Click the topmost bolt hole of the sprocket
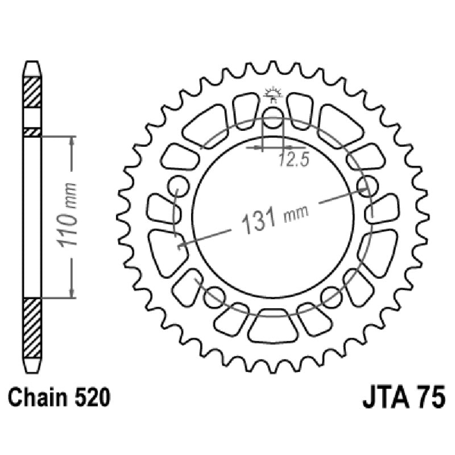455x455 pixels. pyautogui.click(x=273, y=118)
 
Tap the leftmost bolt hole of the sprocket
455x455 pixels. pyautogui.click(x=178, y=185)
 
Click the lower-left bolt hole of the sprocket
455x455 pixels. pyautogui.click(x=214, y=294)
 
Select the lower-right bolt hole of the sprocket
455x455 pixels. pyautogui.click(x=331, y=294)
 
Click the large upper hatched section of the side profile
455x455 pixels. pyautogui.click(x=32, y=91)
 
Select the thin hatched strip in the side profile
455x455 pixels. pyautogui.click(x=32, y=132)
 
